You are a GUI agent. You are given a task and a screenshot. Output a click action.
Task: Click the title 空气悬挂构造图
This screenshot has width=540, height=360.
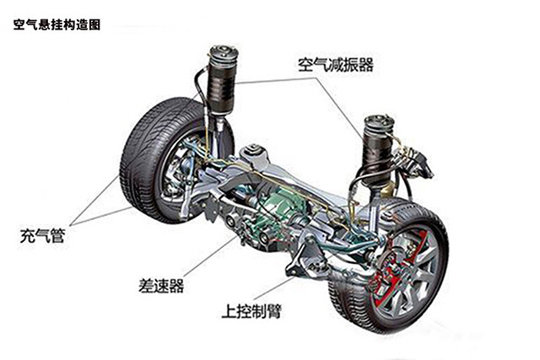(x=57, y=25)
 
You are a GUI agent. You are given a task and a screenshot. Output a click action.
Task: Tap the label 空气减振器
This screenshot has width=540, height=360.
(x=335, y=64)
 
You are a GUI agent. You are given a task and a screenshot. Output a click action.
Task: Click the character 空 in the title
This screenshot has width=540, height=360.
(x=19, y=25)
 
